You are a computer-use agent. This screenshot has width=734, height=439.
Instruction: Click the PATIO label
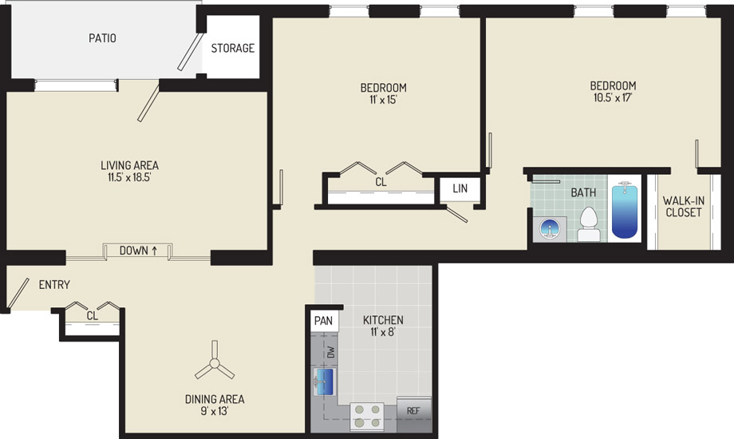[102, 38]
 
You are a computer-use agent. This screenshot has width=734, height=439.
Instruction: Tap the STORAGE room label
[233, 48]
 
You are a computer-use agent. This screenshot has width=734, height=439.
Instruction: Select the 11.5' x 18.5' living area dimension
[129, 177]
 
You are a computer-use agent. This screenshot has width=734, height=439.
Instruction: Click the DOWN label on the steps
[133, 251]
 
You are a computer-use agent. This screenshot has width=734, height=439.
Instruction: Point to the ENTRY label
[54, 284]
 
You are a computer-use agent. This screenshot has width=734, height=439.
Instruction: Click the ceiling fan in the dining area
[215, 362]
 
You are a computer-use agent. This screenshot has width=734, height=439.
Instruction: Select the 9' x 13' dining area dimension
[215, 412]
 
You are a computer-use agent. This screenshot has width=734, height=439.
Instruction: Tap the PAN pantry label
[323, 320]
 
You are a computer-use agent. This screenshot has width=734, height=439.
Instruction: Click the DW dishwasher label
[331, 352]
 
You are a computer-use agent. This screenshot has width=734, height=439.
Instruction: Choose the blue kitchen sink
[325, 381]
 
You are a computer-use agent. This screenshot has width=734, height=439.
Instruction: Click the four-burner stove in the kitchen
[367, 417]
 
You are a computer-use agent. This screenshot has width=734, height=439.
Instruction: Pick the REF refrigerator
[414, 414]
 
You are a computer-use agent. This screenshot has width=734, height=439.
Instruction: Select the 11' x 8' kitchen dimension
[383, 333]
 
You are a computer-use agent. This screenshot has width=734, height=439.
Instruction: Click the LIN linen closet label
[460, 188]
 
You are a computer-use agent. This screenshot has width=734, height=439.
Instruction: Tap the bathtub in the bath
[625, 212]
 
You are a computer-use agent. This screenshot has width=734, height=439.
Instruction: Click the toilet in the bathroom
[589, 225]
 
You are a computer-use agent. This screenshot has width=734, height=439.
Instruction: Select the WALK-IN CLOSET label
[684, 207]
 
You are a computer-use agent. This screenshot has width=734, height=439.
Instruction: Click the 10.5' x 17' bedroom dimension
[613, 98]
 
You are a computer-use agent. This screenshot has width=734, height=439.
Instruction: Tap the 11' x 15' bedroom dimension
[383, 99]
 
